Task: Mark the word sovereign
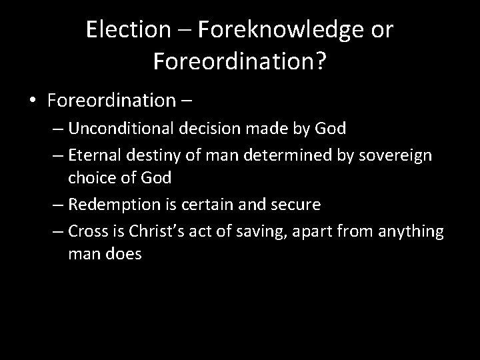tap(397, 155)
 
